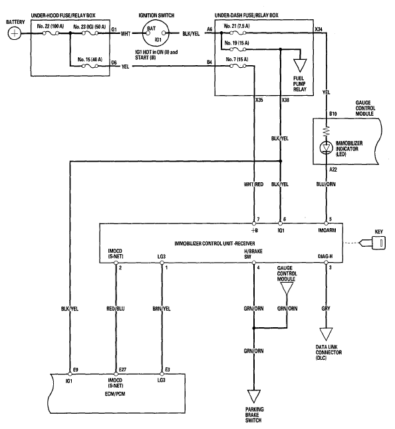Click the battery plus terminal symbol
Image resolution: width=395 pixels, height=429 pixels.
[x=14, y=34]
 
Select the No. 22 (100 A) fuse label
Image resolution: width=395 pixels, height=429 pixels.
[x=51, y=26]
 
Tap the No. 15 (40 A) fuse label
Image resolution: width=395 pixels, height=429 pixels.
[x=90, y=59]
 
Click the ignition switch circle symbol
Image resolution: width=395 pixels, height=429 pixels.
[x=156, y=34]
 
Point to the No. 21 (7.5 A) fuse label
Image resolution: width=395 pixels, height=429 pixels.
[x=237, y=26]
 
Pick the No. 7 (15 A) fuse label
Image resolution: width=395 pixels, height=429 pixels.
[x=237, y=59]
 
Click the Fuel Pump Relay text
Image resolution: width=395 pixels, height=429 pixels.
[x=299, y=84]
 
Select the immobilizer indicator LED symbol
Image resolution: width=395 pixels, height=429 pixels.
[x=326, y=148]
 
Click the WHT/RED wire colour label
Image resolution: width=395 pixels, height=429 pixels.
[x=253, y=184]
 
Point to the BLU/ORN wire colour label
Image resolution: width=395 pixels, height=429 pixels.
[x=326, y=184]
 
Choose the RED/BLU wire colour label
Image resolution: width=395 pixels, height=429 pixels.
[x=116, y=309]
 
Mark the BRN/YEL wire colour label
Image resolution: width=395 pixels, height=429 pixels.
[x=162, y=309]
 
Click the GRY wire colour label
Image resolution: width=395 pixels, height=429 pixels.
[x=326, y=309]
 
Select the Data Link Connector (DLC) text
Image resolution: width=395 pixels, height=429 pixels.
[x=329, y=353]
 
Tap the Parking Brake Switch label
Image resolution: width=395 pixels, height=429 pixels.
[x=254, y=415]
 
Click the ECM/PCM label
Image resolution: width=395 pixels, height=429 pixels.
[x=115, y=394]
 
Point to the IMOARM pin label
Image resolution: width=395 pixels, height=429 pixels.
[x=327, y=230]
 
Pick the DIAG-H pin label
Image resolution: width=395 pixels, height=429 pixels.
[x=325, y=256]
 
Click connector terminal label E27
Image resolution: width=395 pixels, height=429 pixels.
[x=122, y=370]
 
